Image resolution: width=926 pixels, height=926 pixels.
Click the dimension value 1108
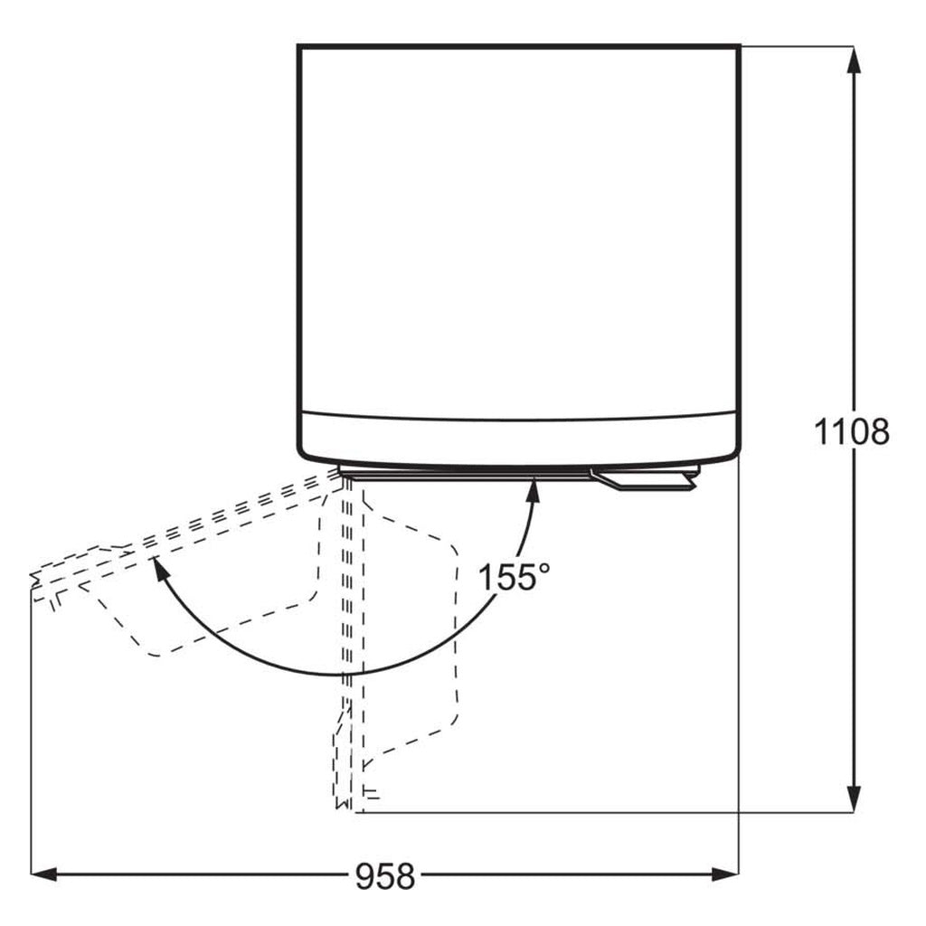851,431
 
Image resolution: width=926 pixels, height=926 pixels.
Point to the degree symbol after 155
543,568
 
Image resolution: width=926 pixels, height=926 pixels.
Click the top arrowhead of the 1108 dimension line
853,59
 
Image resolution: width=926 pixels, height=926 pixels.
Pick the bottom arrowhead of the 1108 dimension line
853,798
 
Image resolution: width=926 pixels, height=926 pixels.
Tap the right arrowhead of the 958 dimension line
724,874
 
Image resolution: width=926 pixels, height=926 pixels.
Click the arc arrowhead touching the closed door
534,491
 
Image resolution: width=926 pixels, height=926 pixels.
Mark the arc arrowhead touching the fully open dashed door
157,569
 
